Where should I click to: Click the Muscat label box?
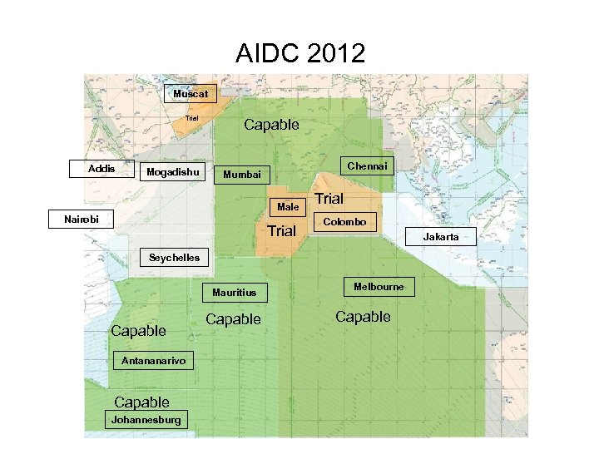pyautogui.click(x=191, y=94)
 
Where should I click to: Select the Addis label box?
pyautogui.click(x=101, y=169)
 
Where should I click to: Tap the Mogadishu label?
pyautogui.click(x=173, y=172)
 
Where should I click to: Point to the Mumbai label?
pyautogui.click(x=241, y=175)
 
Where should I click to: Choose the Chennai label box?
pyautogui.click(x=367, y=166)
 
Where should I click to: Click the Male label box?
pyautogui.click(x=289, y=206)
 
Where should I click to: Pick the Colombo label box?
pyautogui.click(x=344, y=222)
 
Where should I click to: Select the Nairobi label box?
pyautogui.click(x=82, y=220)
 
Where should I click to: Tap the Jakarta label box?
pyautogui.click(x=441, y=237)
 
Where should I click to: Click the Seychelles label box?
pyautogui.click(x=174, y=258)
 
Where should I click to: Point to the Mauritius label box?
pyautogui.click(x=235, y=292)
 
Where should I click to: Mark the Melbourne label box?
pyautogui.click(x=379, y=287)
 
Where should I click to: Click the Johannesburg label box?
pyautogui.click(x=146, y=420)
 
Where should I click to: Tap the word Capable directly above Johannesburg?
pyautogui.click(x=141, y=402)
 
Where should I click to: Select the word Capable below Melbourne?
pyautogui.click(x=363, y=317)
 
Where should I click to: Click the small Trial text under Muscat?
pyautogui.click(x=192, y=118)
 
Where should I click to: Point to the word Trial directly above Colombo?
pyautogui.click(x=329, y=199)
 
